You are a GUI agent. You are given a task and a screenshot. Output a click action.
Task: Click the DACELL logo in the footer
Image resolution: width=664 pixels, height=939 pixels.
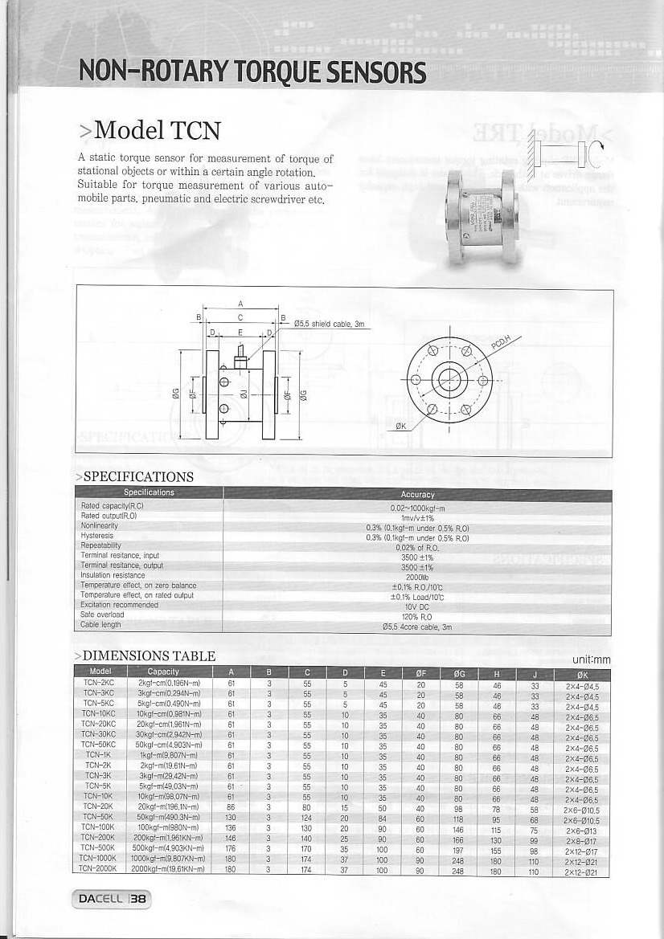coord(100,900)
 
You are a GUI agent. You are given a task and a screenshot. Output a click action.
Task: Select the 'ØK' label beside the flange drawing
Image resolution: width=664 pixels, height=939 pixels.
coord(401,427)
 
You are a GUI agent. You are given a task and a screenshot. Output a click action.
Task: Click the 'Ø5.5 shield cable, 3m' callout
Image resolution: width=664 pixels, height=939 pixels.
coord(330,324)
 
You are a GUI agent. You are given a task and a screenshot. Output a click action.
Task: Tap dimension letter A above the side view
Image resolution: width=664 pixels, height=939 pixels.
coord(241,304)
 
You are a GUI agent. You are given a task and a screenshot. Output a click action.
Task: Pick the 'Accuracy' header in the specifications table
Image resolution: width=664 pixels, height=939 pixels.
coord(417,494)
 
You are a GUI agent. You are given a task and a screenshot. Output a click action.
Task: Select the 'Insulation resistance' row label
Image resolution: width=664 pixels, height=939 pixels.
coord(113,575)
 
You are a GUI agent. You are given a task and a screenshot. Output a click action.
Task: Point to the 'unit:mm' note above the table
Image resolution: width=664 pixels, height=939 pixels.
coord(591,660)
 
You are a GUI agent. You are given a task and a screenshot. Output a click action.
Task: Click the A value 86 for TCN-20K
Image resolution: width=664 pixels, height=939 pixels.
coord(232,805)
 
